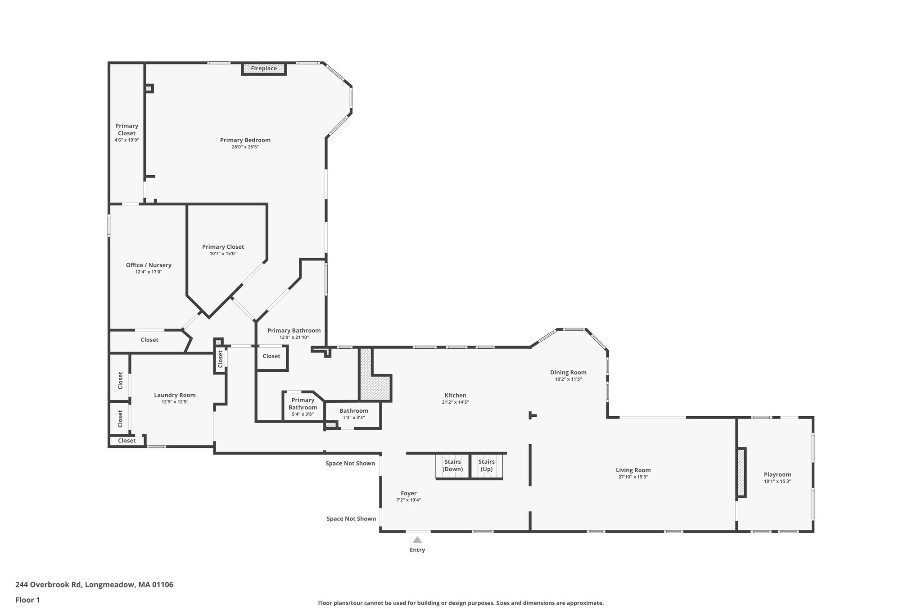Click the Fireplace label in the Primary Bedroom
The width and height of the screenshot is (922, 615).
pyautogui.click(x=264, y=68)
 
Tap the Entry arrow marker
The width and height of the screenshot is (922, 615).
pyautogui.click(x=417, y=540)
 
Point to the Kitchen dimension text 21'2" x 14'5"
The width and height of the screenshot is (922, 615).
pyautogui.click(x=456, y=402)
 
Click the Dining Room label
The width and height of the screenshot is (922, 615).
pyautogui.click(x=568, y=372)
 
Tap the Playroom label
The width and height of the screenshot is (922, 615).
pyautogui.click(x=777, y=474)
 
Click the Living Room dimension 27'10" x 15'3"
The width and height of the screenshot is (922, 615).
pyautogui.click(x=633, y=477)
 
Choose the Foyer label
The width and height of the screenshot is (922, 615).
pyautogui.click(x=409, y=493)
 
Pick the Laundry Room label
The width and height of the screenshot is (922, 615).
pyautogui.click(x=175, y=395)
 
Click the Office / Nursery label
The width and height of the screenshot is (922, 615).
pyautogui.click(x=149, y=265)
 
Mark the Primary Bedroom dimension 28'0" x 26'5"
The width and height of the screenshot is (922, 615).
pyautogui.click(x=245, y=147)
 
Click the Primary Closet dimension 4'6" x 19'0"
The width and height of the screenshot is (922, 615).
pyautogui.click(x=127, y=140)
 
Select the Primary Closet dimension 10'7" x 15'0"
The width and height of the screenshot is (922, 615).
pyautogui.click(x=223, y=254)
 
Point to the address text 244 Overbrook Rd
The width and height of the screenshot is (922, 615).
pyautogui.click(x=49, y=585)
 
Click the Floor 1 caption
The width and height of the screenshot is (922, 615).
pyautogui.click(x=27, y=600)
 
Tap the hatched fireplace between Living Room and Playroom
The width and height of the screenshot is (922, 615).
pyautogui.click(x=741, y=473)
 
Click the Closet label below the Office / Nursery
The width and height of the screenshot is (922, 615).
pyautogui.click(x=149, y=340)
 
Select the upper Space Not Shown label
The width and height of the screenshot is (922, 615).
pyautogui.click(x=350, y=463)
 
